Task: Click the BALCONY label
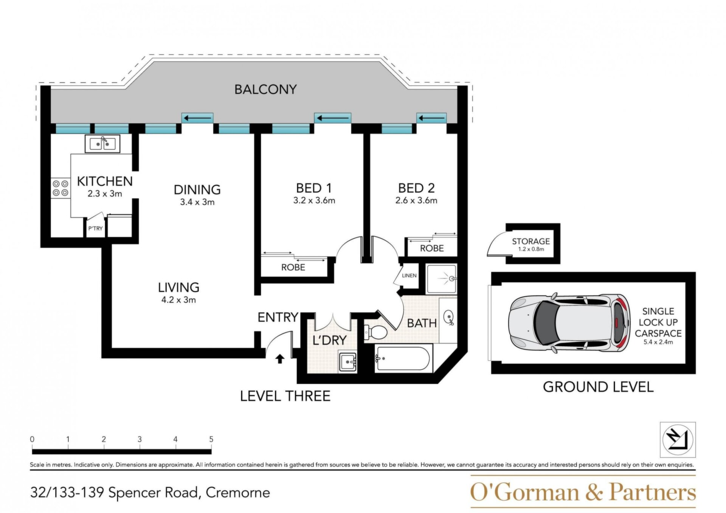(x=265, y=90)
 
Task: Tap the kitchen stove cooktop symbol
(x=60, y=188)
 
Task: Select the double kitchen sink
(x=102, y=144)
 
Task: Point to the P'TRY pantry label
(x=95, y=228)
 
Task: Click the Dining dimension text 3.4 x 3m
(x=197, y=202)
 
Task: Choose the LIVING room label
(x=178, y=288)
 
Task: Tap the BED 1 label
(x=314, y=188)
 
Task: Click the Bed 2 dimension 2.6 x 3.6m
(x=416, y=200)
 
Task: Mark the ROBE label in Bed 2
(x=432, y=248)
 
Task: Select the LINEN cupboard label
(x=409, y=276)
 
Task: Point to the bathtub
(x=402, y=358)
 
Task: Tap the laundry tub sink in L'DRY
(x=348, y=362)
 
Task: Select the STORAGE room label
(x=531, y=241)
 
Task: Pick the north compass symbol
(x=678, y=440)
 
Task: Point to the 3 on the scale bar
(x=140, y=439)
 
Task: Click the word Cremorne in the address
(x=238, y=493)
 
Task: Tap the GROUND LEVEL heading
(x=598, y=387)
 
